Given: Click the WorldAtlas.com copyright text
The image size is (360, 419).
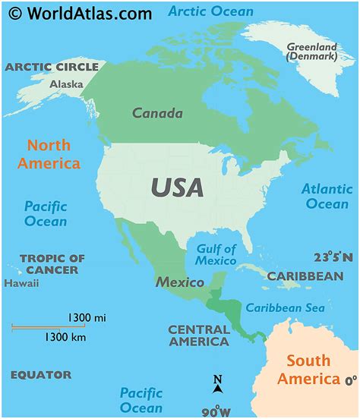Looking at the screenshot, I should [x=79, y=13].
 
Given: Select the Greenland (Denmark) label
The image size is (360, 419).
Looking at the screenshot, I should [x=311, y=52].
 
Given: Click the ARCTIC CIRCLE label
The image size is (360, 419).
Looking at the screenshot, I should [x=52, y=67].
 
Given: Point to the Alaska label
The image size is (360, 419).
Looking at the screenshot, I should [x=66, y=84].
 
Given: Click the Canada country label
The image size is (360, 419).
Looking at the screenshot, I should [x=157, y=114].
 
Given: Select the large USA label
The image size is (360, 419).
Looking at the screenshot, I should [x=177, y=187].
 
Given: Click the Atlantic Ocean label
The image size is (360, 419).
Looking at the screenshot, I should [x=327, y=196].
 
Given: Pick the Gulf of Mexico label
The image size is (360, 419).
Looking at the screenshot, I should [x=216, y=254].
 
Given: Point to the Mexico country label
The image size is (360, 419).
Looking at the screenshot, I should [x=180, y=282].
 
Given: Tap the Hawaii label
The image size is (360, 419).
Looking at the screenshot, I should [x=21, y=283].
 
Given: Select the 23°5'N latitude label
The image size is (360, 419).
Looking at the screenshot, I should [x=333, y=257].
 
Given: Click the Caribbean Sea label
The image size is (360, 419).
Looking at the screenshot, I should [x=284, y=307].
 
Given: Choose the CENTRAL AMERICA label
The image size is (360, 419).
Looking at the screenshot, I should [x=198, y=336].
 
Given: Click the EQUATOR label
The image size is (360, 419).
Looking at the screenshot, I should [x=41, y=375].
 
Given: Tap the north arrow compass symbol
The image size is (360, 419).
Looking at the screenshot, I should [x=217, y=385].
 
